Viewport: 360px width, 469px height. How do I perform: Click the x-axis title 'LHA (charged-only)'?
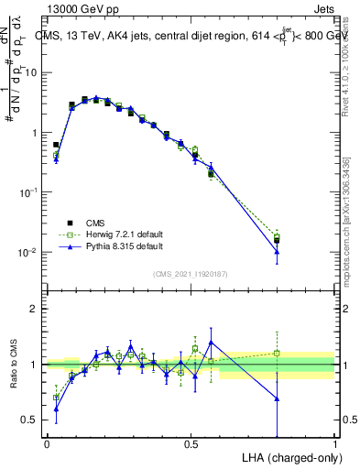286,456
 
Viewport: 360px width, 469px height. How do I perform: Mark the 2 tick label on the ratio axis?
33,310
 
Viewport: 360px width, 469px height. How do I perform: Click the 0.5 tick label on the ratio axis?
29,420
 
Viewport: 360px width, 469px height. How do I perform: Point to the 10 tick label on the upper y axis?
30,72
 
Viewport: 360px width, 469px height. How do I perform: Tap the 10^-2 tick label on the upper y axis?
27,252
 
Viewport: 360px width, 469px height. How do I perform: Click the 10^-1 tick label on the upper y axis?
27,192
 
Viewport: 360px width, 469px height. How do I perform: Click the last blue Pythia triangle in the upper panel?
277,252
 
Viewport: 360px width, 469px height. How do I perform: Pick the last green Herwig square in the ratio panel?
277,353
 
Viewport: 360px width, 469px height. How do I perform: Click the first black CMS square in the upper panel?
56,145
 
